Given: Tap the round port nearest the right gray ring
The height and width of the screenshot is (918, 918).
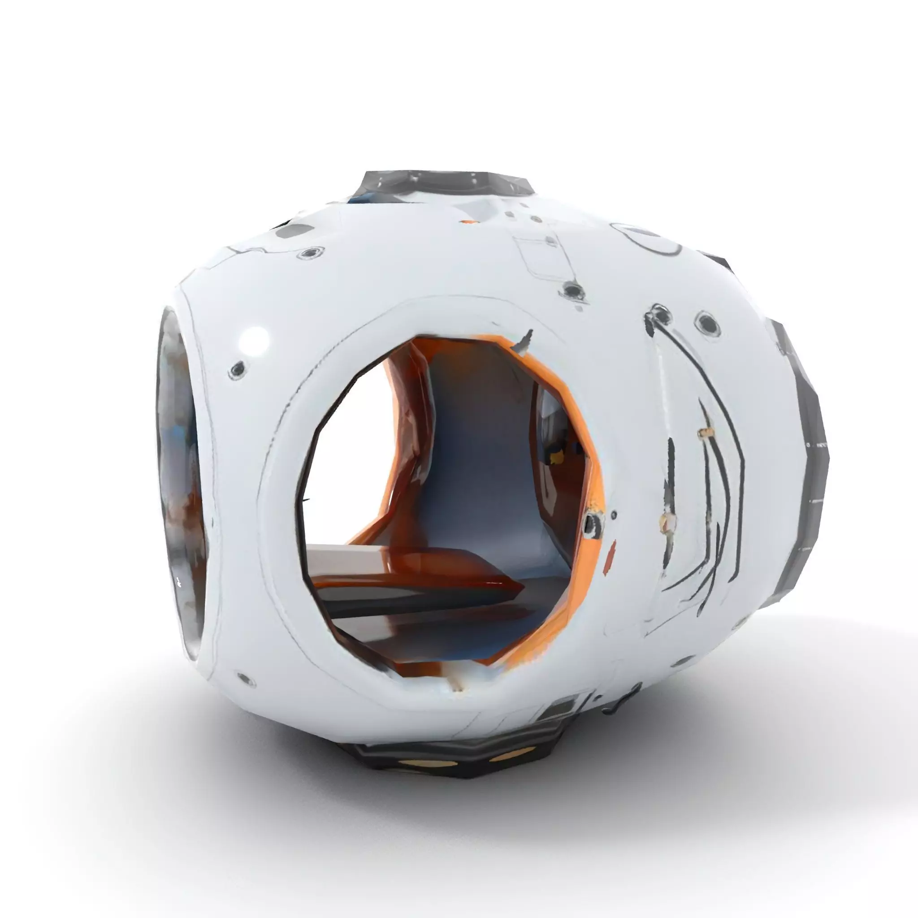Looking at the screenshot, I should click(707, 324).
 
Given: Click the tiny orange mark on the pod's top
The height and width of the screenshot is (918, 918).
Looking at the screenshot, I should click(468, 221).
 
